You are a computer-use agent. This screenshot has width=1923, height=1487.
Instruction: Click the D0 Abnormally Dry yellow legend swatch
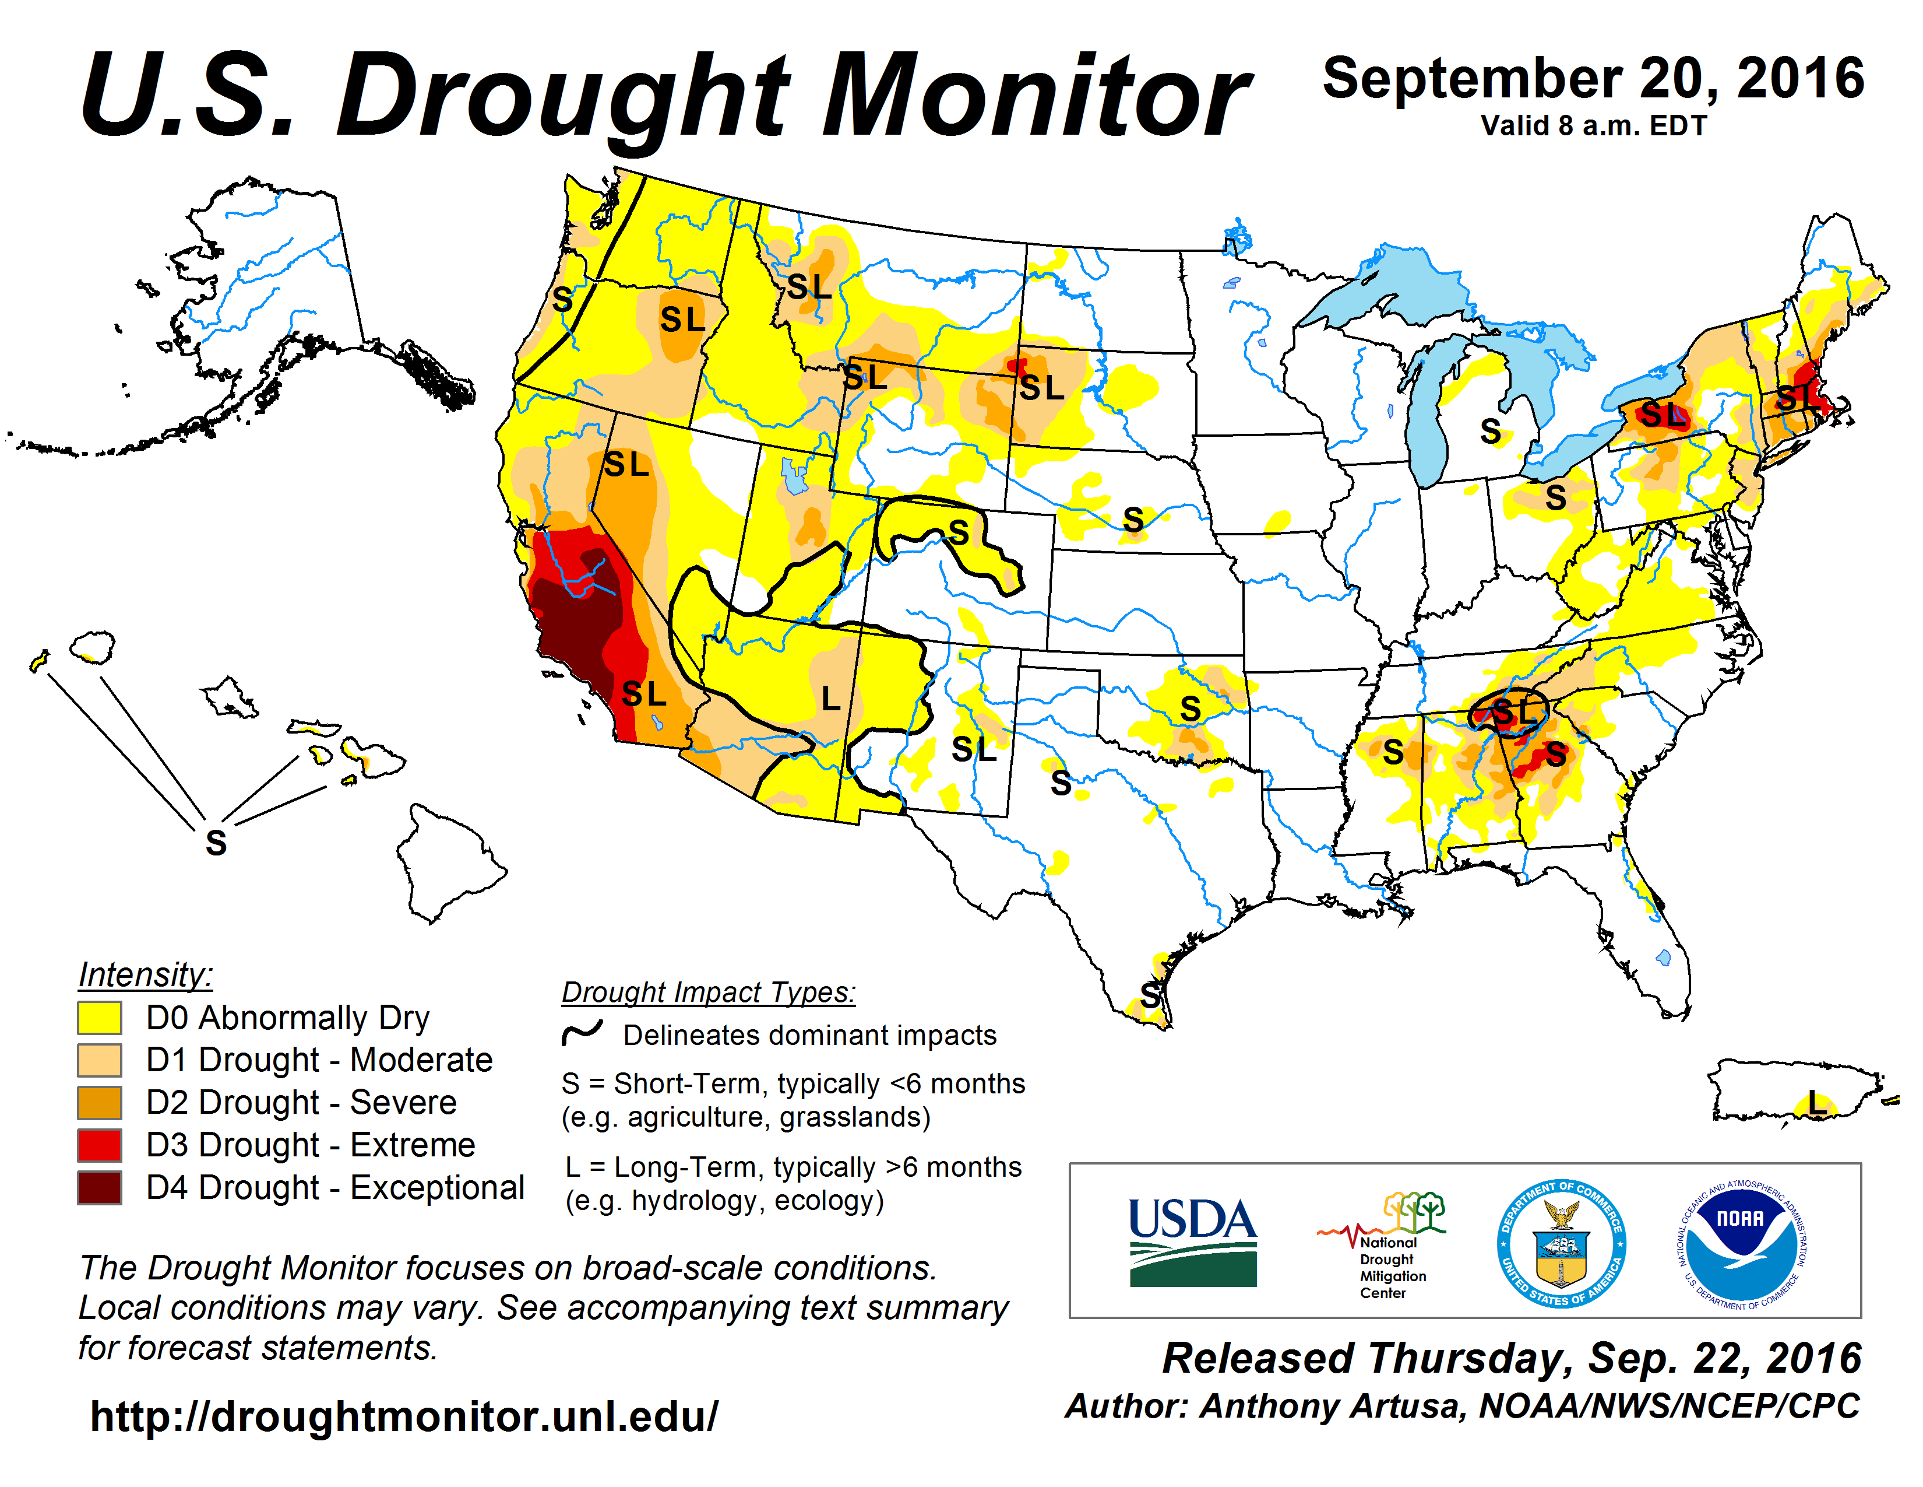tap(100, 1018)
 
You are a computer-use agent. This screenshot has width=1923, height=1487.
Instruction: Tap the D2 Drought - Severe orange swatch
tap(100, 1103)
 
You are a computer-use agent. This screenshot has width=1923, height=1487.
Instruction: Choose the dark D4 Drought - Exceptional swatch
tap(100, 1187)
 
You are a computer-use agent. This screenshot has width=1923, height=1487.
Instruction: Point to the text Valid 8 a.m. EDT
tap(1594, 126)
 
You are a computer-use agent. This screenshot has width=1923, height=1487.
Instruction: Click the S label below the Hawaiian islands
tap(216, 843)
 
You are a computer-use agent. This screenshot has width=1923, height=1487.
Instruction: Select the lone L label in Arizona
tap(830, 699)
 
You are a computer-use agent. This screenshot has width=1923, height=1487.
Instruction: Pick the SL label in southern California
tap(644, 694)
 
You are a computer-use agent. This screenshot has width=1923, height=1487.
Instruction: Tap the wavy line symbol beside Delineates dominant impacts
tap(583, 1032)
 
